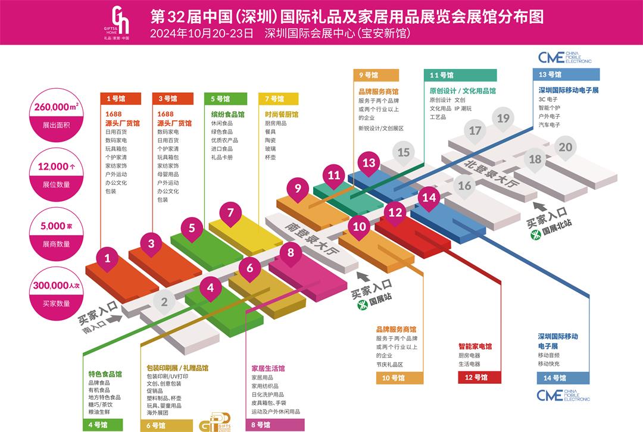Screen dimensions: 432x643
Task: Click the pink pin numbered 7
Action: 230,212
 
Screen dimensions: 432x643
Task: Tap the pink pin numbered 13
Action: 369,163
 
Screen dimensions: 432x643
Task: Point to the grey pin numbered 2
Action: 164,302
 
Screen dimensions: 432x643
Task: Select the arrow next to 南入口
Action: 115,319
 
